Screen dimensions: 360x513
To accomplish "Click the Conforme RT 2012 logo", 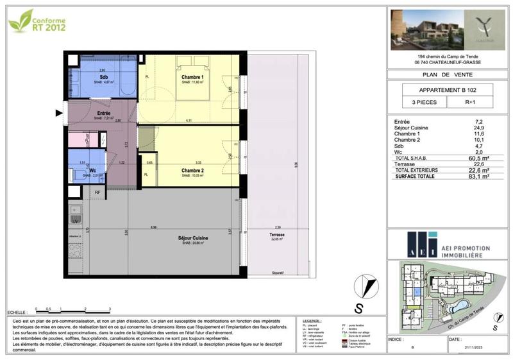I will coord(37,21).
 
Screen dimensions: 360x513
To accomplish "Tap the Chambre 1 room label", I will coord(192,78).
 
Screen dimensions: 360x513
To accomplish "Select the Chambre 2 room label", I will coord(193,171).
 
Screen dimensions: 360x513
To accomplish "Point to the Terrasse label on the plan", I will coord(278,236).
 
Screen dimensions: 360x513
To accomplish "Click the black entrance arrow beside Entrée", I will coord(60,114).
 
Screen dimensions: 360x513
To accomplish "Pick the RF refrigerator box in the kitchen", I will coord(97,192).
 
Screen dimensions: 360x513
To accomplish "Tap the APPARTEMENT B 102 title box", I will coord(448,89).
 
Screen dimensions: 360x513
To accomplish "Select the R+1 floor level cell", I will coord(470,102).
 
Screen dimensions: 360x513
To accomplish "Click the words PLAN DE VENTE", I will coord(448,74).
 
